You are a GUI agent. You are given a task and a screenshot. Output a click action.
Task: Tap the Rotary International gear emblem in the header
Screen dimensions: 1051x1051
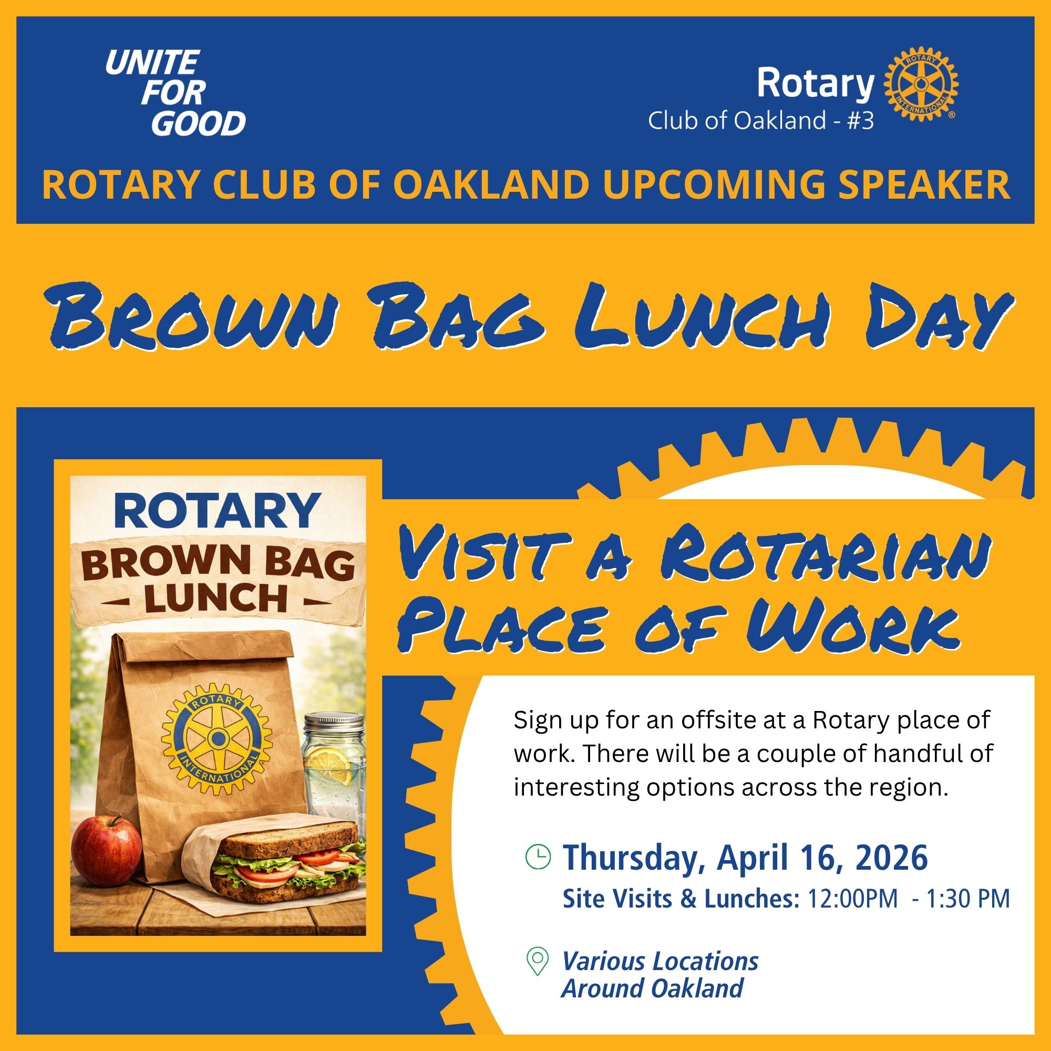pyautogui.click(x=919, y=84)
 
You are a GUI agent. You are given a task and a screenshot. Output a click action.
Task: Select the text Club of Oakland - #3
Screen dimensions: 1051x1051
pyautogui.click(x=760, y=121)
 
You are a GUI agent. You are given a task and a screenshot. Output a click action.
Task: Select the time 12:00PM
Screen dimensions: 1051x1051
pyautogui.click(x=852, y=899)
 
